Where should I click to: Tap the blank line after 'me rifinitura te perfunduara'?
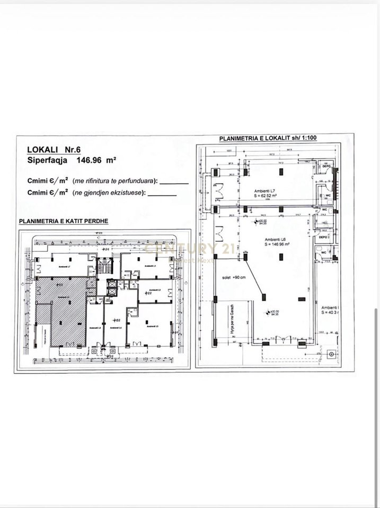[174, 183]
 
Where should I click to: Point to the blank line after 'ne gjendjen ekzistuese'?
[162, 194]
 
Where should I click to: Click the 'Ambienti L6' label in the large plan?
[275, 240]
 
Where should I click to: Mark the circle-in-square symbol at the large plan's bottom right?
[332, 353]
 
